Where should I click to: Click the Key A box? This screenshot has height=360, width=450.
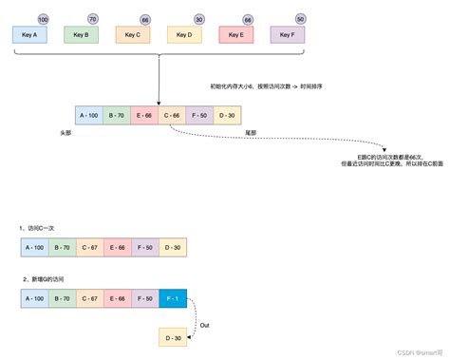28,34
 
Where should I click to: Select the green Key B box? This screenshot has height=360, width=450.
80,34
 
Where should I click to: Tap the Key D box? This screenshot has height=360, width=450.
182,34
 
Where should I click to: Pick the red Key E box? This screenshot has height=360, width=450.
234,34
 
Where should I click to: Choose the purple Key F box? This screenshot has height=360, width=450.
286,34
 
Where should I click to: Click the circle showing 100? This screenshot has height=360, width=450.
43,18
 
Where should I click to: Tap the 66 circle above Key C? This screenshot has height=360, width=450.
144,18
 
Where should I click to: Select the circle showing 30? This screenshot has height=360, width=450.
197,18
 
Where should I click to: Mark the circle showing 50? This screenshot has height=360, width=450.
300,18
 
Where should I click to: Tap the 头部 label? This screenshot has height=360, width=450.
65,134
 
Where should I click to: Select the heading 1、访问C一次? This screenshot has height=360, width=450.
42,230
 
